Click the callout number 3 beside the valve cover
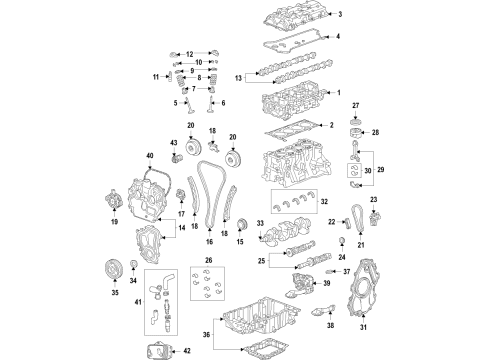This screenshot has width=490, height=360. (x=339, y=14)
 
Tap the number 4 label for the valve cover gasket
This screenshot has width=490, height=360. (x=339, y=37)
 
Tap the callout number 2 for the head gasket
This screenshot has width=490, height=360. (x=331, y=126)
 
